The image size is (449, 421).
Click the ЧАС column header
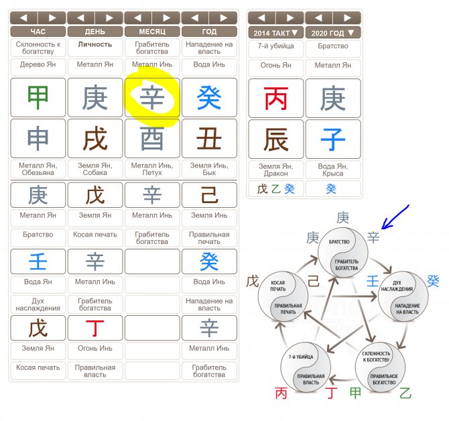point(38,32)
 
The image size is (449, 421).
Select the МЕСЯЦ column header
point(152,32)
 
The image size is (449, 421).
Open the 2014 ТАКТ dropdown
point(275,33)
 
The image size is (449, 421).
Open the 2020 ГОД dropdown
point(333,33)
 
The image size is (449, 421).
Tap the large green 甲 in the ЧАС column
point(38,98)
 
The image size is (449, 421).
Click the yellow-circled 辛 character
point(152,98)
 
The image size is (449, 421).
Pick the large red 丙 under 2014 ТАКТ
point(275,99)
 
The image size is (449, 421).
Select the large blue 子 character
point(333,139)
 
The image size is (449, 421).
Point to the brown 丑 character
point(209,139)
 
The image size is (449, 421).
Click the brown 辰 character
point(275,139)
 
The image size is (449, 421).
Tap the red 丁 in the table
point(94,328)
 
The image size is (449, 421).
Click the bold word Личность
point(94,44)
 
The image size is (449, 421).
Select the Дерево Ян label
point(38,65)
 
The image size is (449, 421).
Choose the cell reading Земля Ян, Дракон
point(275,170)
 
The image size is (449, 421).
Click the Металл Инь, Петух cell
point(152,169)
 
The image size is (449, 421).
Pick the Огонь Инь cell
point(94,349)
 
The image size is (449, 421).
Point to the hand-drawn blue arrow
point(395,217)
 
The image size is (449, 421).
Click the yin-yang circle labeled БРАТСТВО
point(343,253)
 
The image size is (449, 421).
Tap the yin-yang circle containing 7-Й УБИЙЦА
point(306,368)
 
